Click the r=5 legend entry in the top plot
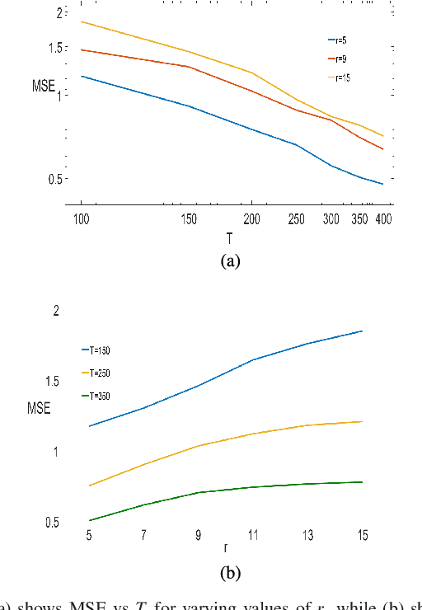[338, 39]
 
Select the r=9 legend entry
[338, 59]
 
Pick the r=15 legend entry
[339, 77]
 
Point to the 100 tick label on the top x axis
[81, 220]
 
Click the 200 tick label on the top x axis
[251, 220]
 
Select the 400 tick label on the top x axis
[382, 220]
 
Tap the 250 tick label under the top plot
[297, 220]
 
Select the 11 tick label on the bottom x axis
[252, 535]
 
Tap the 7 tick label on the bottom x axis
[143, 535]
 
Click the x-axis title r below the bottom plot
[225, 547]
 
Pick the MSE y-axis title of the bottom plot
[39, 407]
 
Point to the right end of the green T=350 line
[362, 482]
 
